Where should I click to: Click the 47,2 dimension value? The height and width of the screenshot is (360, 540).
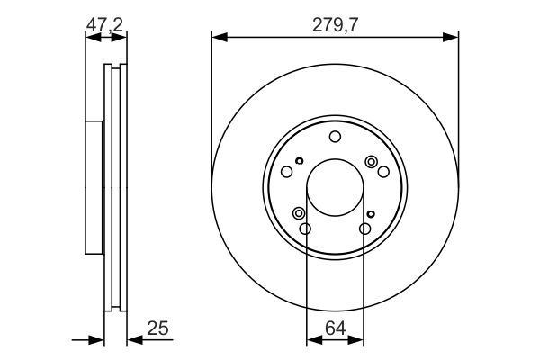click(x=105, y=28)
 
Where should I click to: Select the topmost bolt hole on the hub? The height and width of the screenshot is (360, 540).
click(x=335, y=137)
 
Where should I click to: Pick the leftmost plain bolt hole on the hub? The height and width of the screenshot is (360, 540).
click(x=287, y=172)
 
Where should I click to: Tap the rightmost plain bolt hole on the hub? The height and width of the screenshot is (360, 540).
click(x=382, y=172)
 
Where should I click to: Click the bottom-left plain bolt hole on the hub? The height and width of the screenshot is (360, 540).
click(x=305, y=229)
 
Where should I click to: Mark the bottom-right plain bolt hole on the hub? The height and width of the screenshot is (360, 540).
click(x=364, y=229)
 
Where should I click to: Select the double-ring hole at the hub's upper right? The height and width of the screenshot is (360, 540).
click(x=371, y=161)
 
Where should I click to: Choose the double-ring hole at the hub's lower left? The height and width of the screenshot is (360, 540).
click(x=299, y=213)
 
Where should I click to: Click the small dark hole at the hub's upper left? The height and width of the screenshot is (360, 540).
click(x=298, y=161)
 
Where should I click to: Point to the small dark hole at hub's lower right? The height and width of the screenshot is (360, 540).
click(x=371, y=213)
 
